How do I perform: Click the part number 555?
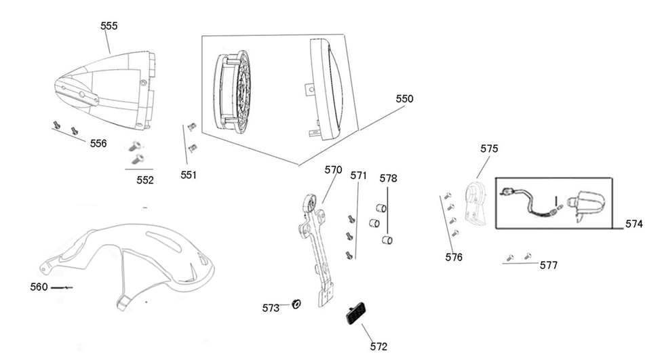pos(109,26)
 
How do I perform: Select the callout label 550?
pos(404,99)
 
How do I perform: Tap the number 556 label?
pos(98,144)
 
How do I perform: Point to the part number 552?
pos(145,180)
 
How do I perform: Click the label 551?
pos(189,175)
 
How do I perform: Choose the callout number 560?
pos(39,287)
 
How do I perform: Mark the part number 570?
pos(333,169)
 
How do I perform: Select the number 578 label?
pos(389,178)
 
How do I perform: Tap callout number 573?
pos(271,308)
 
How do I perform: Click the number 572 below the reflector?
pos(378,346)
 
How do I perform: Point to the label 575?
pos(489,148)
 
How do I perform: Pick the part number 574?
pos(634,224)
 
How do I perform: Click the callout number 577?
pos(549,265)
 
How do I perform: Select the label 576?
pos(454,258)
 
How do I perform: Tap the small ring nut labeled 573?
pos(296,304)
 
